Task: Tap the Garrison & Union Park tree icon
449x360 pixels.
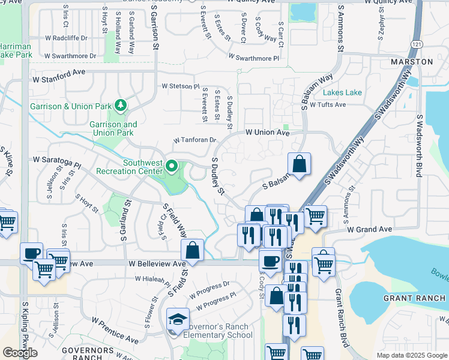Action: [x=122, y=106]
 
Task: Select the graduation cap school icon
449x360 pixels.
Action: [x=178, y=319]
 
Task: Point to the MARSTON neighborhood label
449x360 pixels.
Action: [x=411, y=62]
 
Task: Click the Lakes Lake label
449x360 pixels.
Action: [x=342, y=92]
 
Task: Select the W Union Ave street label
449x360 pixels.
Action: [x=268, y=132]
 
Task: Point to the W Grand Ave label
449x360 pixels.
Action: [x=369, y=229]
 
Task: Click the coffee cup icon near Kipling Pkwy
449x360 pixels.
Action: [x=31, y=252]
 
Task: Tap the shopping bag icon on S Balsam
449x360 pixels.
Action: [x=299, y=163]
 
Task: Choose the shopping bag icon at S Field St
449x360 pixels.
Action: [x=193, y=250]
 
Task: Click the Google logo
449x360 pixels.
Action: [x=20, y=353]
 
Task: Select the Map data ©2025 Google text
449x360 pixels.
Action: [x=411, y=355]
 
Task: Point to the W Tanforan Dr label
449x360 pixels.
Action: [x=194, y=140]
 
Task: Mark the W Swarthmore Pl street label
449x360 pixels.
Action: [x=253, y=58]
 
